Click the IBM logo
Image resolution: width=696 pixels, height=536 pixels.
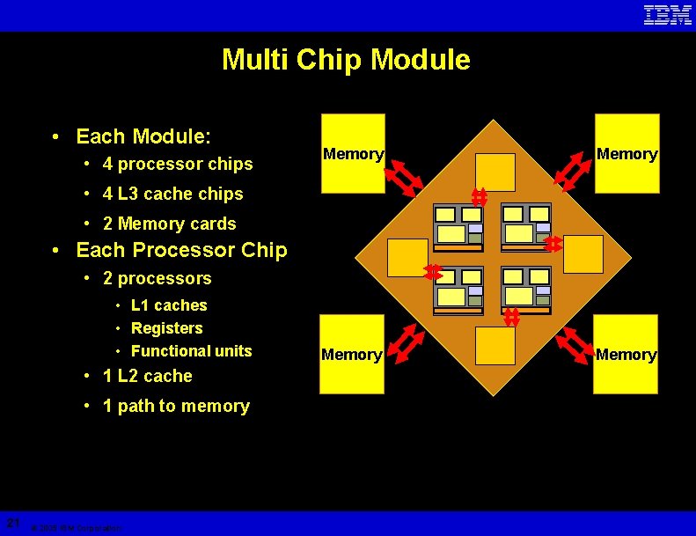point(668,15)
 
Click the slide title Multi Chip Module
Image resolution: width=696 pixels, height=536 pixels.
point(346,60)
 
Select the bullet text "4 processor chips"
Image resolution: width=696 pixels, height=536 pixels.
point(177,164)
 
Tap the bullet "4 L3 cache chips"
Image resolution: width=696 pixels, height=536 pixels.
point(172,194)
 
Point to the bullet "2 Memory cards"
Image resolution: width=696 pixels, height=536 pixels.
point(169,224)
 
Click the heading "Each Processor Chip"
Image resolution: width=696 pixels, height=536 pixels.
point(181,250)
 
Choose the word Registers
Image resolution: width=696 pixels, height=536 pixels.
point(166,328)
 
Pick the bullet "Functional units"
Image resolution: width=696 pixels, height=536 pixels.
point(191,351)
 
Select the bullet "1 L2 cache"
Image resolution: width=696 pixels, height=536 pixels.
point(147,376)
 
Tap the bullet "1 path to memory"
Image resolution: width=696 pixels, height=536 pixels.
point(176,406)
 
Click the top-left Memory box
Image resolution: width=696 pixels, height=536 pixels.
point(353,153)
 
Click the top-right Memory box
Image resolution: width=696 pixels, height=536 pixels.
point(626,153)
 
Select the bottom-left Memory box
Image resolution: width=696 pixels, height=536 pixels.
point(352,354)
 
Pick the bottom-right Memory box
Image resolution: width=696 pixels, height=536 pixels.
point(626,354)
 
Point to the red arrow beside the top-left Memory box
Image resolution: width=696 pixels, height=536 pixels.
point(406,174)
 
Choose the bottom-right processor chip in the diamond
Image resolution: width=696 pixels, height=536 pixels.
point(526,290)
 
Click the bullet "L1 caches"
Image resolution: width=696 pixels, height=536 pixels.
point(169,305)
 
